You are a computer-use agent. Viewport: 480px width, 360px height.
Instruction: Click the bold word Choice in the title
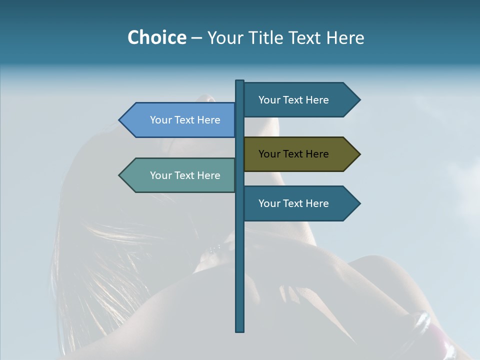pos(156,37)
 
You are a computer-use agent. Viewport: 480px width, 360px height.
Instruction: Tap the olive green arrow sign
pos(300,154)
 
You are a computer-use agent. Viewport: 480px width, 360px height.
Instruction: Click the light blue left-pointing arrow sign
pos(180,120)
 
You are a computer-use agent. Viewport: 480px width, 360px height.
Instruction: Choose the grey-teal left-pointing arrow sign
pos(180,175)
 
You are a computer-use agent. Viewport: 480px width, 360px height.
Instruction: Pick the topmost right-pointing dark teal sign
pos(300,99)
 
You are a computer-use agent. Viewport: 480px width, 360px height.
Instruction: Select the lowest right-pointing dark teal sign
pos(300,203)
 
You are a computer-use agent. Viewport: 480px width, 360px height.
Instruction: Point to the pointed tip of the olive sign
pos(359,154)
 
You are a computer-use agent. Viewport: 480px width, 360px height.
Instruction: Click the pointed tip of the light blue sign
pos(120,120)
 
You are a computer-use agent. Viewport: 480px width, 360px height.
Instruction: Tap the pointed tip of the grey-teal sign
pos(120,175)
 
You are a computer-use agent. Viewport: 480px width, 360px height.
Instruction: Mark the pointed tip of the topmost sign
pos(359,99)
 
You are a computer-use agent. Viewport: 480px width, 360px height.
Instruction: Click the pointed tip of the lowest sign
pos(359,203)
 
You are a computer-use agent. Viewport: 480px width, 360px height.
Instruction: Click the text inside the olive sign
pos(293,154)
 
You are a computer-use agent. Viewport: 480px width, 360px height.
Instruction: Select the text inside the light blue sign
pos(185,120)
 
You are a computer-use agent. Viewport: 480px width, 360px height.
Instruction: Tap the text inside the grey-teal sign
pos(185,175)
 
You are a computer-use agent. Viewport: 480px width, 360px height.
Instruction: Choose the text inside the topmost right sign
pos(293,100)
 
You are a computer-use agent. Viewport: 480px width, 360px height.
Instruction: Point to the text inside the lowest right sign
pos(293,203)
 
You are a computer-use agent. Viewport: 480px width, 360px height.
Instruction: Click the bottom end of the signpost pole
pos(239,330)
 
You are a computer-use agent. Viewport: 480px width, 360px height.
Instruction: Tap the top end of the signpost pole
pos(239,82)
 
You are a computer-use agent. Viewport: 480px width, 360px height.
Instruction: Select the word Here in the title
pos(345,37)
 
